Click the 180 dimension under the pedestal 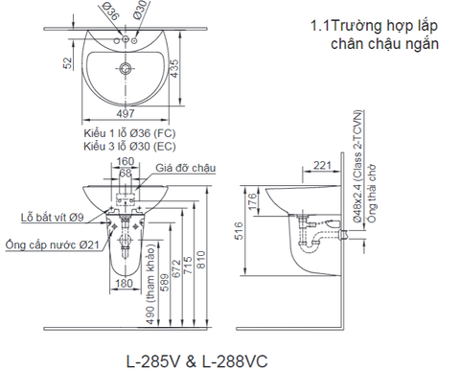click(125, 285)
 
